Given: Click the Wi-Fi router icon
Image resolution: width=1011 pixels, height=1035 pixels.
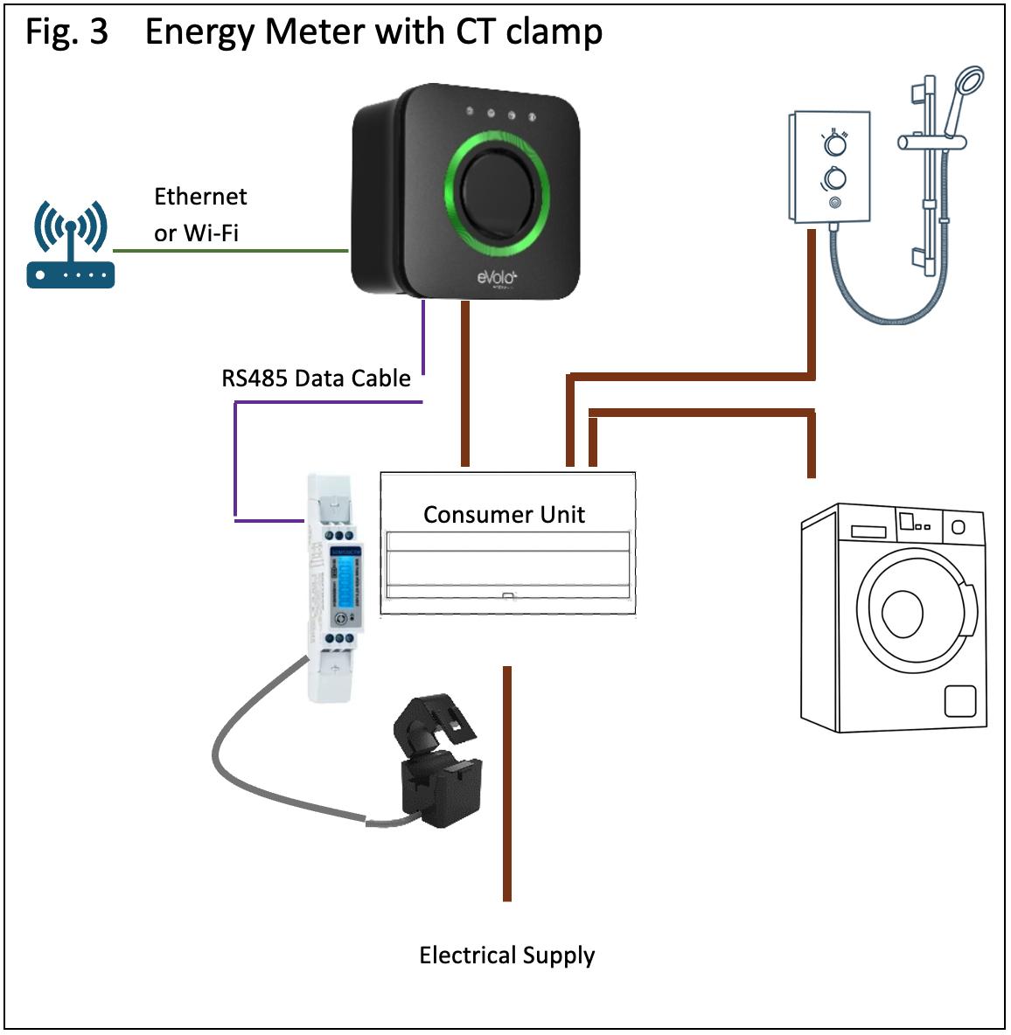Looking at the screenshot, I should (70, 246).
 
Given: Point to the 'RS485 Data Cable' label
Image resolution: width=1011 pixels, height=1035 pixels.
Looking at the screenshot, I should (316, 379).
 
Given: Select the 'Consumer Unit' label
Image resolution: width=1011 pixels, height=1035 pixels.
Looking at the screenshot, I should (504, 514).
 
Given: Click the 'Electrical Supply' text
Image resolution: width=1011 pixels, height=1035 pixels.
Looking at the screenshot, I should (506, 955).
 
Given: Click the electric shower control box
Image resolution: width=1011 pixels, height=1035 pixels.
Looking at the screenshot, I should (830, 166).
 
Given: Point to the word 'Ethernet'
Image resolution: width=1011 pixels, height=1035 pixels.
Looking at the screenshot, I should (200, 197).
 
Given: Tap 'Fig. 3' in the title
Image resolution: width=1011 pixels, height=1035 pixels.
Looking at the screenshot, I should (66, 32).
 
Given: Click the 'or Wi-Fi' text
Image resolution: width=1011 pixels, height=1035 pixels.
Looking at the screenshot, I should (196, 233).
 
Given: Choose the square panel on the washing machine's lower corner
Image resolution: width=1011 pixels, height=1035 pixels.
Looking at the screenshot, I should (959, 700).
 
